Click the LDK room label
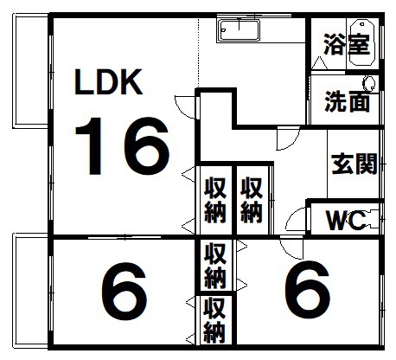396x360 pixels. (108, 82)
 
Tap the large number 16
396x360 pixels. (122, 146)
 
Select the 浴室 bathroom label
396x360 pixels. (347, 44)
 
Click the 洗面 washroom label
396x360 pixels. (347, 101)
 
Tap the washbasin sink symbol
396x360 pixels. (369, 83)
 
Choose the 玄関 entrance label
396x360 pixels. (354, 164)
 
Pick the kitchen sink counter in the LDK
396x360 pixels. (239, 30)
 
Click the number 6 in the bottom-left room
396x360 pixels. (125, 292)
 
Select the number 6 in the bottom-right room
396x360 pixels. (307, 289)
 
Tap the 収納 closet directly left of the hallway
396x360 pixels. (252, 200)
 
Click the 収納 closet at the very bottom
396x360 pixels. (215, 320)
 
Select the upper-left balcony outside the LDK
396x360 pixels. (30, 71)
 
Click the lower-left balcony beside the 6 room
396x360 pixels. (31, 292)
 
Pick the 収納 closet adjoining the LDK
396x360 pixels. (215, 200)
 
